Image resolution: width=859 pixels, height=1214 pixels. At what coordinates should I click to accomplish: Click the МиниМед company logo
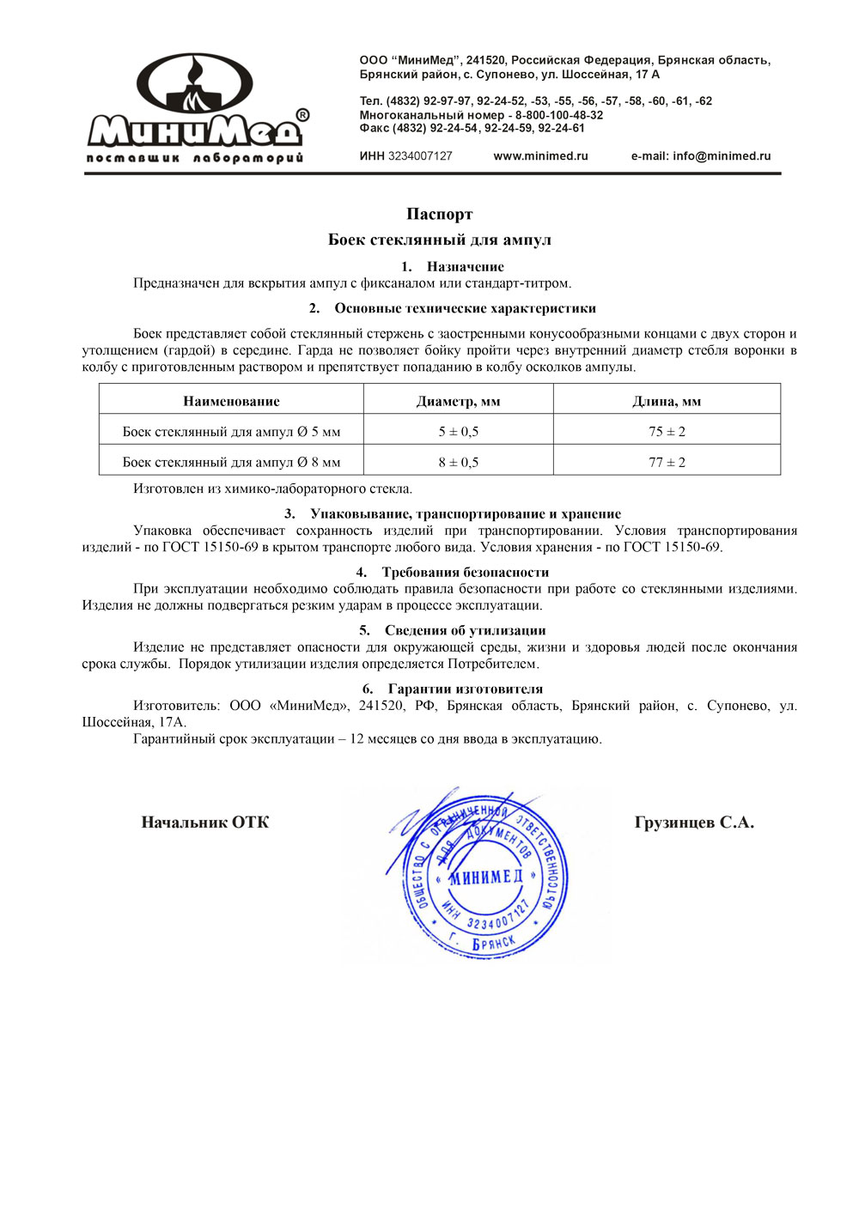pos(197,108)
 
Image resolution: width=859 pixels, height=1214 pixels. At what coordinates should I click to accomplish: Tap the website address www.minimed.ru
pos(540,156)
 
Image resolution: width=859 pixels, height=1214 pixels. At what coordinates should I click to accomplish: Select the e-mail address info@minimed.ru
pos(722,156)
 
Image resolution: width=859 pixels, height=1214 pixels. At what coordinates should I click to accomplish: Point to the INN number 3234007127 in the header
pos(420,156)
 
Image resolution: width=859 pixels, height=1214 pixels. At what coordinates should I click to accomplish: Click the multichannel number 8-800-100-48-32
pos(559,115)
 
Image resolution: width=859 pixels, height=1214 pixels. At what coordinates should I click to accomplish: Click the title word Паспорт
pos(439,214)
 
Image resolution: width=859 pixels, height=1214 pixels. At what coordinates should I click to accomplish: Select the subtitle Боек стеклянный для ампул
pos(439,240)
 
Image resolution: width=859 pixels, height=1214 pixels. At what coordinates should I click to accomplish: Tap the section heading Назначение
pos(465,267)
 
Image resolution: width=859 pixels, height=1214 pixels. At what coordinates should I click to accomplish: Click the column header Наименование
pos(231,401)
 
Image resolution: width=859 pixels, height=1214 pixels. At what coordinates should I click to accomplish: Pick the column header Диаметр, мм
pos(458,401)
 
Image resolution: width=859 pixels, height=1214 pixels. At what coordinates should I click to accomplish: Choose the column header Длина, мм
pos(667,401)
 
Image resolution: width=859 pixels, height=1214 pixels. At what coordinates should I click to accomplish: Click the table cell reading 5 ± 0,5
pos(458,432)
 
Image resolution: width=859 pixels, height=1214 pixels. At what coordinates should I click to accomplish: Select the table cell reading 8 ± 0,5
pos(458,462)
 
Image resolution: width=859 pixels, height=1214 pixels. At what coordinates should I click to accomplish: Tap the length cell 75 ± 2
pos(667,432)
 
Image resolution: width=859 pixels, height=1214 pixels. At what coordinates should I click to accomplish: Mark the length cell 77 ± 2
pos(667,462)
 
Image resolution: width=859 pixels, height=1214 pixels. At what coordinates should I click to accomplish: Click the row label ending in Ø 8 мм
pos(231,462)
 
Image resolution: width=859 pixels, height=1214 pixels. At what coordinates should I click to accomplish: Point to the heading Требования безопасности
pos(465,573)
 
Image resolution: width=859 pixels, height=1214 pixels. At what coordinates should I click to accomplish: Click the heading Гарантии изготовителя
pos(465,689)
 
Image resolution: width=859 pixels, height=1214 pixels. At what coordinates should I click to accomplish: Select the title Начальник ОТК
pos(204,822)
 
